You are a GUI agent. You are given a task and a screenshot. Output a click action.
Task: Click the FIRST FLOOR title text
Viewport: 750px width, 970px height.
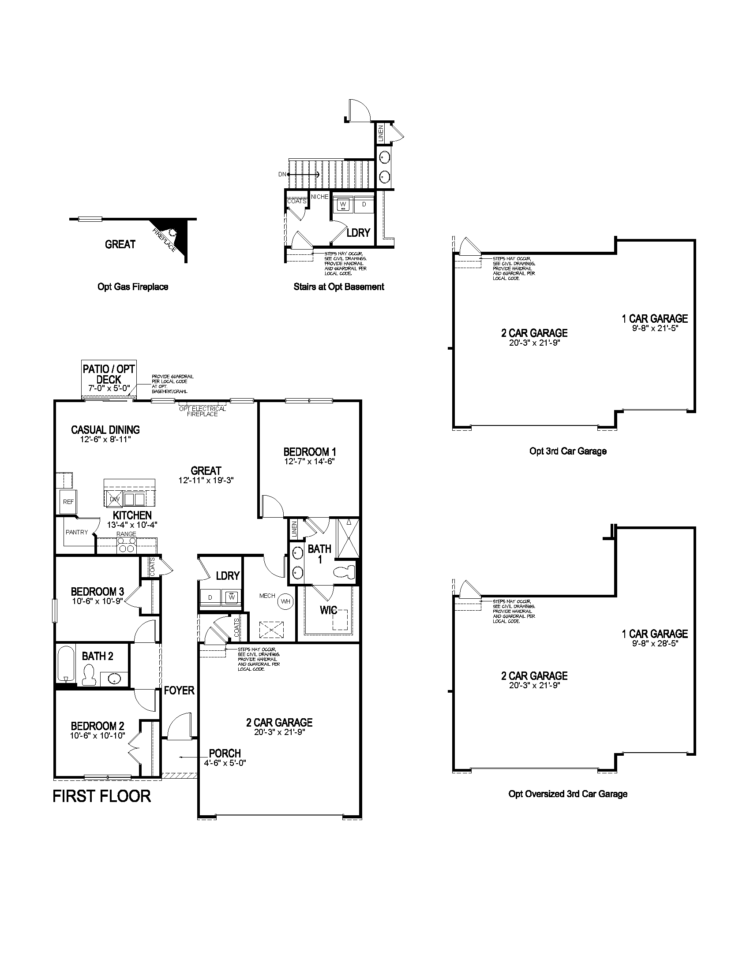click(102, 796)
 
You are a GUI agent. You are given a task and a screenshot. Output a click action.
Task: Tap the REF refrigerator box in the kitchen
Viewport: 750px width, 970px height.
click(68, 502)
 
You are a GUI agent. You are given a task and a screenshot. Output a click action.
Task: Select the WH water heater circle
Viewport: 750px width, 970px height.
click(285, 601)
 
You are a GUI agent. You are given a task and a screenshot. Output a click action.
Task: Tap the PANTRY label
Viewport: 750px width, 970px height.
click(76, 532)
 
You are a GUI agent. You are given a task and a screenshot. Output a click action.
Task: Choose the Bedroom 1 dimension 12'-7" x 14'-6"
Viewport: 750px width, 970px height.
click(309, 462)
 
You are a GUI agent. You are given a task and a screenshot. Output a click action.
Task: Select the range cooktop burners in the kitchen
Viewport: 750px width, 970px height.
click(127, 545)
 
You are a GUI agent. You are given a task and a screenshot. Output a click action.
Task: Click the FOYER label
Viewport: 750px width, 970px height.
click(179, 690)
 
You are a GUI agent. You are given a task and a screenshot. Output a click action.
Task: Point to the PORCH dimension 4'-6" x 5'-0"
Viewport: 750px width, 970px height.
click(225, 763)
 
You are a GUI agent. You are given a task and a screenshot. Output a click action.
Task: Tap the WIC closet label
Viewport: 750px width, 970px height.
click(328, 610)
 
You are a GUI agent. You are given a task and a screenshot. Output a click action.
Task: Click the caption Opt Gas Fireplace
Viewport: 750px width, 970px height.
click(133, 287)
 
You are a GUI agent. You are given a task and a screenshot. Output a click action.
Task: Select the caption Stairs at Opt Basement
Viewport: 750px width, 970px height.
click(338, 287)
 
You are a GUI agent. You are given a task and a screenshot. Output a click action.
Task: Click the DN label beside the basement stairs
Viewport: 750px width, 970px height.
click(282, 175)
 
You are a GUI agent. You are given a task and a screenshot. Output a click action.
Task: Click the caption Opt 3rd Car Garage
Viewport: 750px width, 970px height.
click(567, 451)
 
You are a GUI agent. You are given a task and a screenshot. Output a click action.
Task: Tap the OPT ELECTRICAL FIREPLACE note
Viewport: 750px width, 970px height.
click(202, 411)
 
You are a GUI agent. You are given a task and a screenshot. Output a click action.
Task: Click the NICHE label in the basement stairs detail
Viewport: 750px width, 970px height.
click(319, 197)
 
